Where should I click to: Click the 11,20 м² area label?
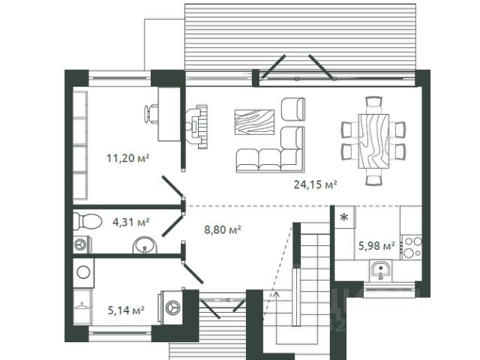pos(128,158)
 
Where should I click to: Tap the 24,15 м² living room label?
pos(316,184)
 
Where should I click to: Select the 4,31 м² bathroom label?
pos(131,222)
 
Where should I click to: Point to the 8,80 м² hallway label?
pos(223,229)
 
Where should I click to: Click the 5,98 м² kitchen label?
pos(376,245)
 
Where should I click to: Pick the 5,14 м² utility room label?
pos(126,310)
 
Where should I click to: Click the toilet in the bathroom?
pos(88,221)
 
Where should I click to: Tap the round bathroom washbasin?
pos(145,245)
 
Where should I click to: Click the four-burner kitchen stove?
pos(412,247)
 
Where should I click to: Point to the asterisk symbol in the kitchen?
pos(344,217)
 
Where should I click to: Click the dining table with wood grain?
pos(373,141)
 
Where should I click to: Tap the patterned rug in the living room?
pos(254,121)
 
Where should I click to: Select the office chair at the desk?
pos(151,114)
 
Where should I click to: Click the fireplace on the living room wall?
pos(196,127)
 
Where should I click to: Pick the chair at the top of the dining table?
pos(373,102)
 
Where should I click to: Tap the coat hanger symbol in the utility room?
pos(81,306)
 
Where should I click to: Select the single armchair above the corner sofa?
pos(292,109)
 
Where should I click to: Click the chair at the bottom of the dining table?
pos(373,180)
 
